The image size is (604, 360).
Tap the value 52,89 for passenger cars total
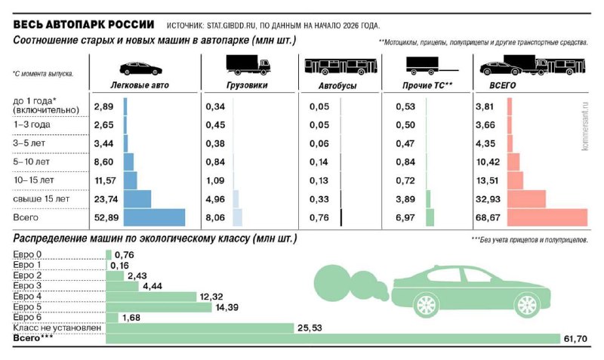(103, 218)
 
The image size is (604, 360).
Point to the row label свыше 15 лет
(42, 199)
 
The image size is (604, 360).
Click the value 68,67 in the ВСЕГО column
(488, 218)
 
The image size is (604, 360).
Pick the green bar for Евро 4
(151, 297)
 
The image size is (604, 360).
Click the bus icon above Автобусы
(339, 66)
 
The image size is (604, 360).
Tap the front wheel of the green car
(426, 305)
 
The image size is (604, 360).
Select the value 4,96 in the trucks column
(215, 199)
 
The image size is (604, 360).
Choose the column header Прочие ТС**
(427, 86)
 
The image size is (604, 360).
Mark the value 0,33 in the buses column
(319, 199)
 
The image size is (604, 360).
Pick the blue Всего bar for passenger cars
(154, 217)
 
